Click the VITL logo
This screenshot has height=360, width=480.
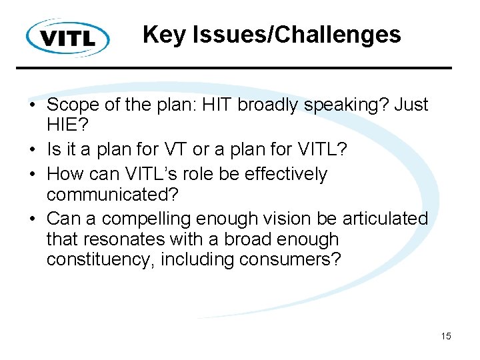68,37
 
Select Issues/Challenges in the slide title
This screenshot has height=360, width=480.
296,35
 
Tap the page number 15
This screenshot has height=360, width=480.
445,336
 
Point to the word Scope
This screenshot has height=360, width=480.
73,105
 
